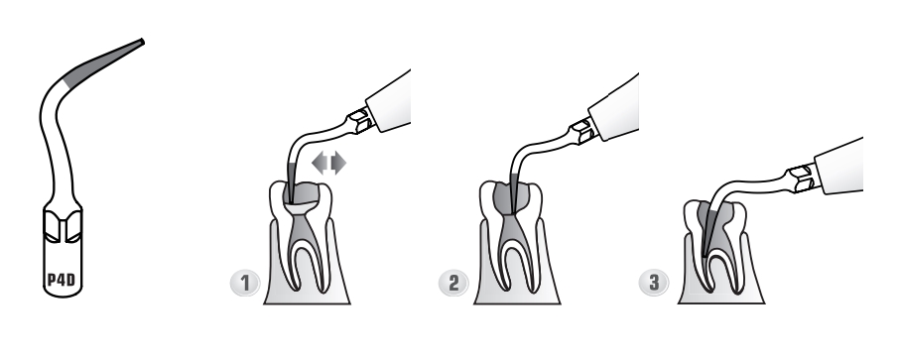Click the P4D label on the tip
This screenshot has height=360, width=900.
tap(61, 281)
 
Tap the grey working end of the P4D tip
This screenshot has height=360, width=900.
tap(104, 61)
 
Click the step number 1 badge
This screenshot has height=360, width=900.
tap(245, 284)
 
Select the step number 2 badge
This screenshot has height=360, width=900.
tap(454, 284)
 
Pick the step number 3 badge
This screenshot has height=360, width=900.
tap(654, 282)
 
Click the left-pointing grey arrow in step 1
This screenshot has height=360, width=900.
tap(320, 163)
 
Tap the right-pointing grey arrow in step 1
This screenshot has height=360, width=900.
tap(338, 163)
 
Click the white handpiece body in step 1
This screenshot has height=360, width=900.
tap(390, 101)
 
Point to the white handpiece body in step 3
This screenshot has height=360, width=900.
tap(839, 167)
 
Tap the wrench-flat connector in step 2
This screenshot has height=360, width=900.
tap(583, 131)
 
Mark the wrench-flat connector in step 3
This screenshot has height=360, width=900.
tap(803, 178)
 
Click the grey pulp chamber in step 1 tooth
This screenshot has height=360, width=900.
tap(303, 196)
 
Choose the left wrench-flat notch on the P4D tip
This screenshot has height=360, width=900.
tap(52, 226)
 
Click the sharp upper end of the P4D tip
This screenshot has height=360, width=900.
tap(142, 41)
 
